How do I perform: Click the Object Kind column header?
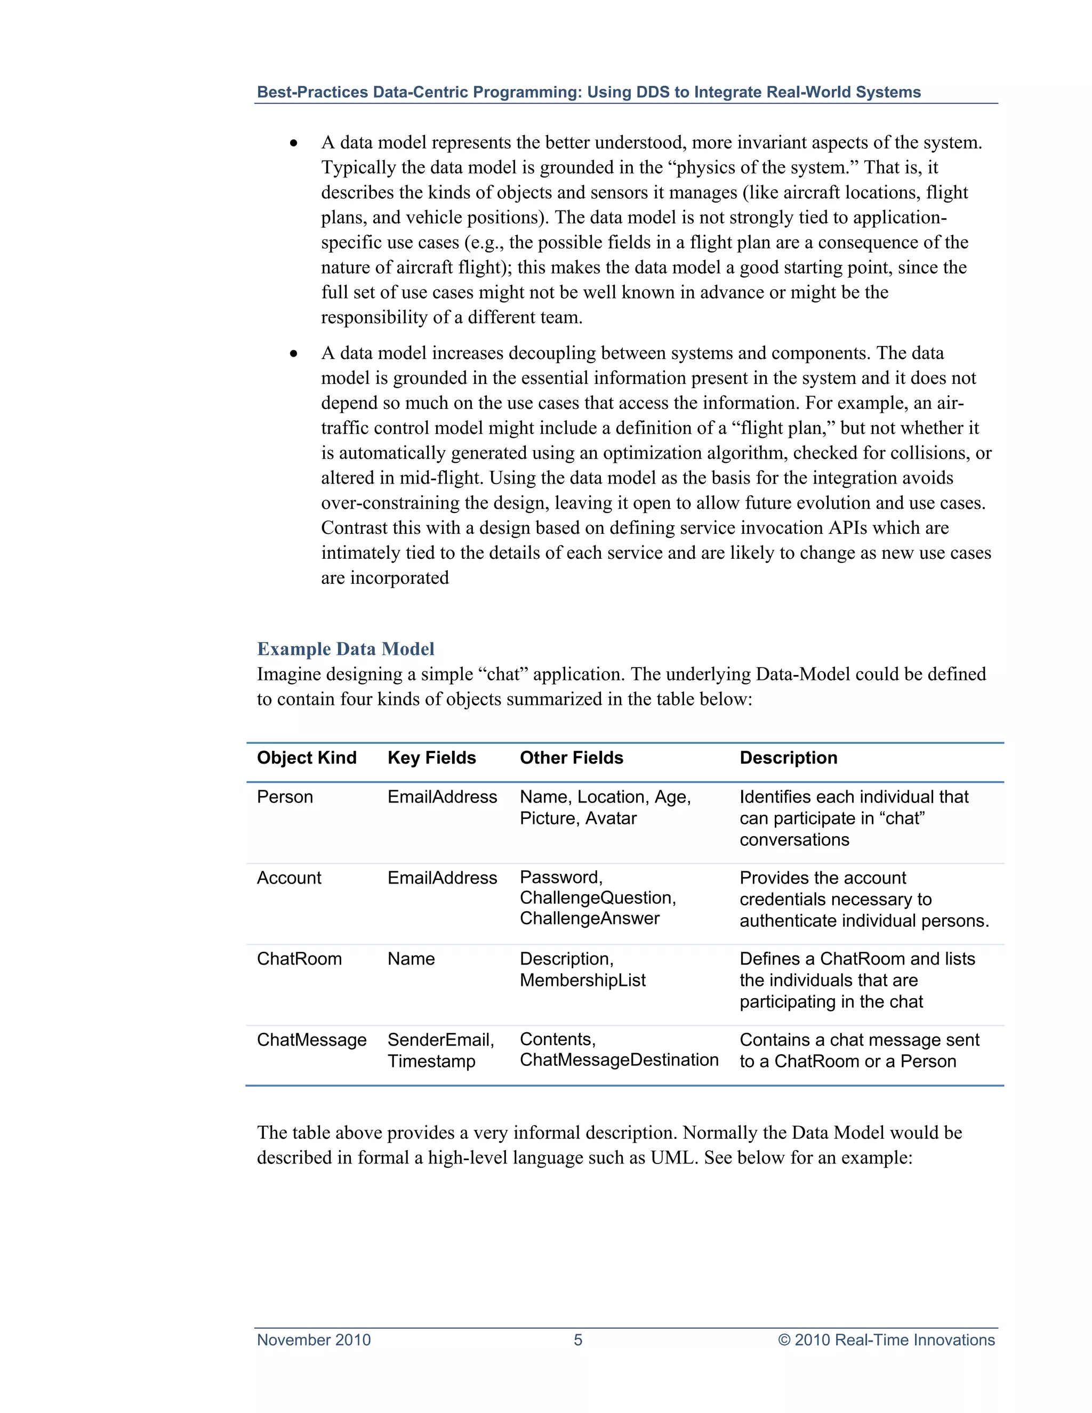pyautogui.click(x=307, y=758)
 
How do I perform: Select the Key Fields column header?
pyautogui.click(x=431, y=758)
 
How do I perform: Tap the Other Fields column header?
pyautogui.click(x=571, y=758)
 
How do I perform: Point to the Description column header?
pyautogui.click(x=788, y=758)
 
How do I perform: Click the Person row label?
pyautogui.click(x=285, y=797)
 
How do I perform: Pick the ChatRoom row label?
pyautogui.click(x=299, y=958)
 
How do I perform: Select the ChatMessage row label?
pyautogui.click(x=311, y=1040)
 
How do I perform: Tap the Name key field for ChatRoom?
pyautogui.click(x=411, y=958)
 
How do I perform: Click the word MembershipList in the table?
pyautogui.click(x=582, y=980)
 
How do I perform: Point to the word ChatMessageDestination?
pyautogui.click(x=619, y=1060)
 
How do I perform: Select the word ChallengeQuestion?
pyautogui.click(x=597, y=898)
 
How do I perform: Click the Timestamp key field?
pyautogui.click(x=431, y=1061)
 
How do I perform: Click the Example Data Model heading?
pyautogui.click(x=346, y=649)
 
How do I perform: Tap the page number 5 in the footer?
pyautogui.click(x=577, y=1340)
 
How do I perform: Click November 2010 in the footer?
pyautogui.click(x=314, y=1340)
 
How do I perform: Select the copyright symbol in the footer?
pyautogui.click(x=784, y=1340)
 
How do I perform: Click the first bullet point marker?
pyautogui.click(x=294, y=143)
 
